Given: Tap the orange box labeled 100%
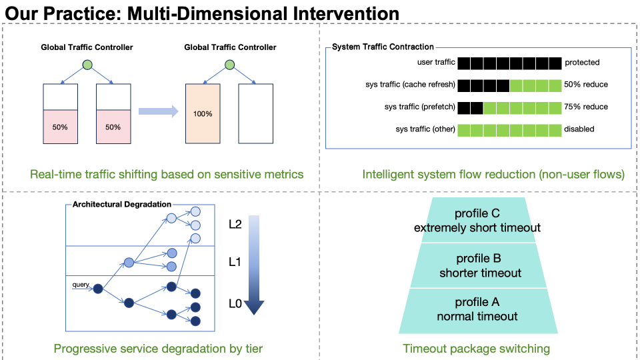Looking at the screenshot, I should tap(203, 113).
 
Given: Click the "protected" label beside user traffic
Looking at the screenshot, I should tap(582, 63).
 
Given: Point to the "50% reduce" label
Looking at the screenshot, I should tap(586, 85).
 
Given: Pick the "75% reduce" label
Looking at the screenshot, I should tap(586, 107).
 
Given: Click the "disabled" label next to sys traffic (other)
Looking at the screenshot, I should tap(579, 129).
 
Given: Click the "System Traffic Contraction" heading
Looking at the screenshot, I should tap(383, 47).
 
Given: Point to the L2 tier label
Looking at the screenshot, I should tap(235, 225).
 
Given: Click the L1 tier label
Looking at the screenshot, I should tap(235, 263).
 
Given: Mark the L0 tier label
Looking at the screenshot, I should tap(235, 304).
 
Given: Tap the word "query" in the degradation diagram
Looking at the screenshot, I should tap(81, 285).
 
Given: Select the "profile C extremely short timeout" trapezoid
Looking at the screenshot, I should tap(477, 221).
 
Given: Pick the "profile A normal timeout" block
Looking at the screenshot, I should tap(477, 310).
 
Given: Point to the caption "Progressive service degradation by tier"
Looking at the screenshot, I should tap(158, 349).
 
